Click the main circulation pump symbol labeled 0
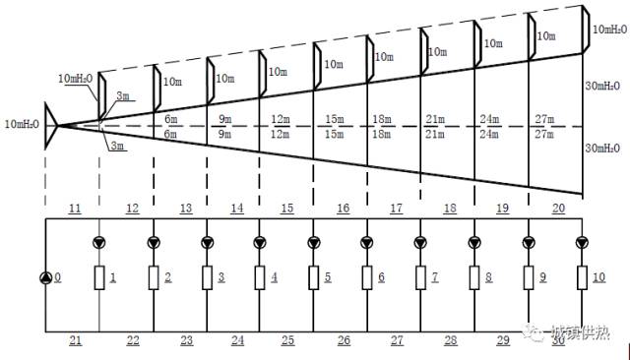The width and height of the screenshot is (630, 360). tap(45, 277)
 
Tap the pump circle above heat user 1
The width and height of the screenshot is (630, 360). tap(98, 242)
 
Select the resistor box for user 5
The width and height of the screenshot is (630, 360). tap(313, 277)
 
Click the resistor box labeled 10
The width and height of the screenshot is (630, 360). tap(582, 277)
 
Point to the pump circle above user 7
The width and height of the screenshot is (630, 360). tap(420, 242)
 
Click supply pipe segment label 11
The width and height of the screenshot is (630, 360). tap(75, 209)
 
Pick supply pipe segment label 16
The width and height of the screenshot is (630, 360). tap(344, 209)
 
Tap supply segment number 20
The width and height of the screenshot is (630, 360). tap(558, 209)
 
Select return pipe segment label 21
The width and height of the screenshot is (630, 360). tap(75, 340)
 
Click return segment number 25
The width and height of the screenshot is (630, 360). tap(287, 340)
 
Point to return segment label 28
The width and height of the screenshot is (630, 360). tap(451, 340)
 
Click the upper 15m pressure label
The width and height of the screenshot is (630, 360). tap(335, 119)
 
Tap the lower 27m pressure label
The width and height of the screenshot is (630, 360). tap(544, 134)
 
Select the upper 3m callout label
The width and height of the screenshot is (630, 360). tap(123, 96)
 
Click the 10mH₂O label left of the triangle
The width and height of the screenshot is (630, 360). tap(22, 124)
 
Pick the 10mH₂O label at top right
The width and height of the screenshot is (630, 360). tap(609, 30)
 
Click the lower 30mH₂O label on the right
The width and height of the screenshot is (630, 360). tap(602, 149)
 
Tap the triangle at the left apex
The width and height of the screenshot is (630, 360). tap(50, 126)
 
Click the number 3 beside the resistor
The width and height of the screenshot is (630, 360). tap(220, 277)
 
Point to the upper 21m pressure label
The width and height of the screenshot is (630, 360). tap(435, 119)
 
